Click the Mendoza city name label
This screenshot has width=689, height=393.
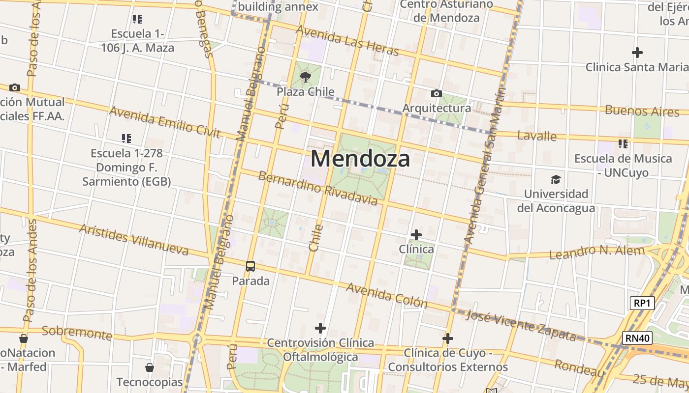point(360,159)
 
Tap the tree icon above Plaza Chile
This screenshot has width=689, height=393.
point(305,77)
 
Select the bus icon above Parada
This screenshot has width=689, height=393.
point(251,266)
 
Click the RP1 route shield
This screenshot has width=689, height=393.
point(642,303)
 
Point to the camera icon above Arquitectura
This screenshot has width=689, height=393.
point(436,93)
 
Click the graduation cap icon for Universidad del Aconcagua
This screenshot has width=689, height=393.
point(556,179)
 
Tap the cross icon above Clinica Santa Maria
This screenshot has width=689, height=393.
point(637,52)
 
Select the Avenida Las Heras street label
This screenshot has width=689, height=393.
point(347,40)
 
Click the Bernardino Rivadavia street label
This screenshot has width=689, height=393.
point(318,188)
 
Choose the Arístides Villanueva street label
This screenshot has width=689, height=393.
point(134,240)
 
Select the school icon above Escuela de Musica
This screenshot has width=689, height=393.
point(623,144)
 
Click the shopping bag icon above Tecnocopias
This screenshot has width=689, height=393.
point(150,367)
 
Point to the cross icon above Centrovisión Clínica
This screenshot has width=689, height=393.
point(320,328)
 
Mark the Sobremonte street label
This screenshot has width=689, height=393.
point(77,333)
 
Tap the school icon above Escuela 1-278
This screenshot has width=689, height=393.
point(126,139)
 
